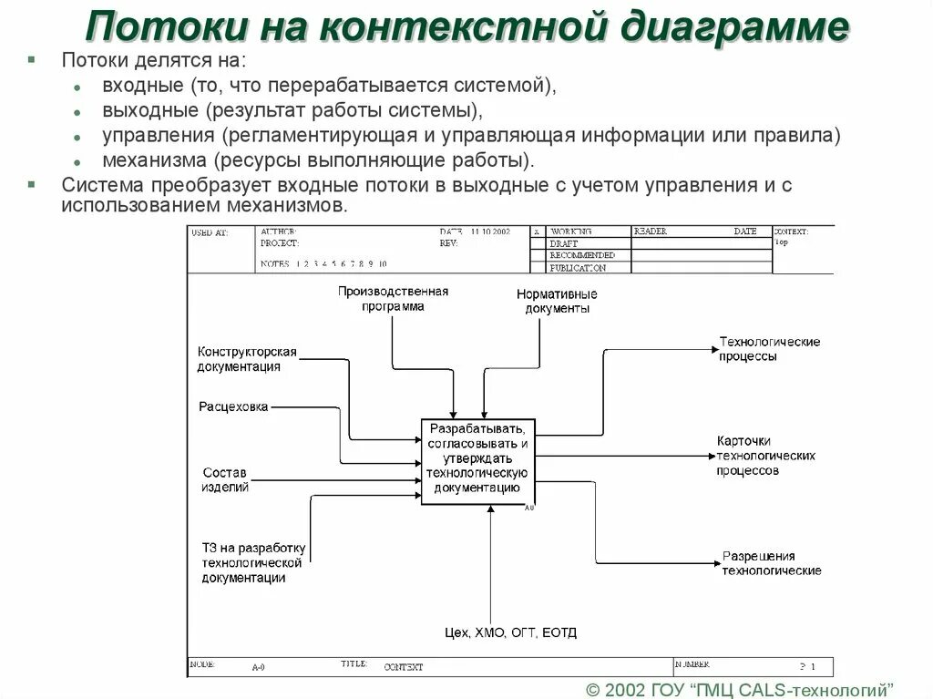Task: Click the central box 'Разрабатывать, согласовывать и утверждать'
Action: pos(477,460)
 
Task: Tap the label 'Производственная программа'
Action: pos(393,299)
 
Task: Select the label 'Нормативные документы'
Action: pos(557,301)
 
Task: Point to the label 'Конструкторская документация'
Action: pos(247,359)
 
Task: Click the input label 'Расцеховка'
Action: pos(233,406)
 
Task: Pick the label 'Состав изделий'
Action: pos(225,479)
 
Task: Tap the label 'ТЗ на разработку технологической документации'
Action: pos(253,562)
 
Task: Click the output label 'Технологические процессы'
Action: pos(769,349)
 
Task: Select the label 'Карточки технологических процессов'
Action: pos(765,456)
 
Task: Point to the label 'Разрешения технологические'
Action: pos(771,563)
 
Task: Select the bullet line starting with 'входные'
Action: pos(328,86)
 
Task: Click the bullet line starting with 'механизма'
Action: pos(318,160)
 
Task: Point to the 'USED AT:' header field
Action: pos(209,232)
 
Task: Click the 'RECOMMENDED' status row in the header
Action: pos(582,256)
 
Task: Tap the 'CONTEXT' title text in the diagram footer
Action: pos(404,667)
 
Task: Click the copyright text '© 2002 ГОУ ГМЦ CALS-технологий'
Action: pos(739,688)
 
